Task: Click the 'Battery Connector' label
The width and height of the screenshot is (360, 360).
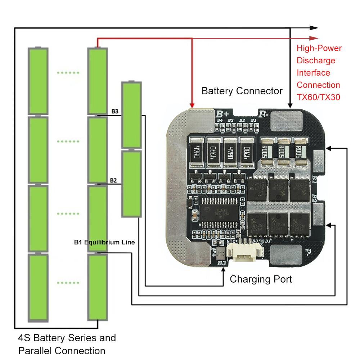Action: (242, 91)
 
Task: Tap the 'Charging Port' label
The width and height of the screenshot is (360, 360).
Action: (261, 279)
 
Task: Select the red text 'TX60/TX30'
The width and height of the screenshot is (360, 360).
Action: (318, 97)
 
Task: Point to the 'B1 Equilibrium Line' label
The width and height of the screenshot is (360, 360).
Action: (104, 243)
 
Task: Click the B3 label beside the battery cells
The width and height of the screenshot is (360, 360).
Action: (115, 111)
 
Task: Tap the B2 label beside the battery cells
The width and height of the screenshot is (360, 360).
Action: (113, 180)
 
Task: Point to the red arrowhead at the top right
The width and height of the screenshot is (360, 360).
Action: (314, 38)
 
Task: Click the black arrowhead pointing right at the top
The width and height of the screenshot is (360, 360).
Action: (314, 28)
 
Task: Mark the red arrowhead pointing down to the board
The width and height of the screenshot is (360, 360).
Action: (192, 104)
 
